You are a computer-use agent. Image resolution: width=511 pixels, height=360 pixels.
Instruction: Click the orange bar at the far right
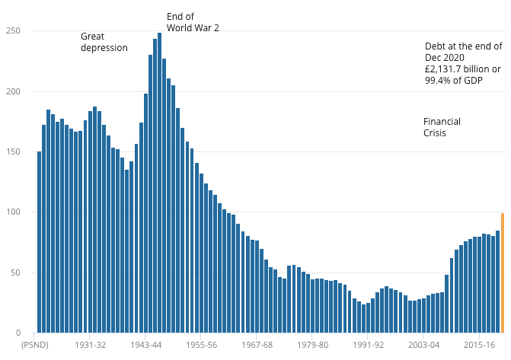coord(502,272)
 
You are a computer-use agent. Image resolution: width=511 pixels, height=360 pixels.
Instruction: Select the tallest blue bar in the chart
coord(159,183)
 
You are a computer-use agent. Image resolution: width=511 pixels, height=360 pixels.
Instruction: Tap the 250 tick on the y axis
coord(13,31)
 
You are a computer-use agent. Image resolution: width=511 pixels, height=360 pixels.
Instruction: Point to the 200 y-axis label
coord(13,91)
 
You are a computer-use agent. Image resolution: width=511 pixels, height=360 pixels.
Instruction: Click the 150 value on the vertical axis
coord(13,152)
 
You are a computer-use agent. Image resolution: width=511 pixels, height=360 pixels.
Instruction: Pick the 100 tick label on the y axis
coord(13,212)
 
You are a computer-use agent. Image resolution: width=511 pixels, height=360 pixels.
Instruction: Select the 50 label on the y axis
coord(15,272)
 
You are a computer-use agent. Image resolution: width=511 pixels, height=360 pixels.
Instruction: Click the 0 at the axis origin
coord(18,333)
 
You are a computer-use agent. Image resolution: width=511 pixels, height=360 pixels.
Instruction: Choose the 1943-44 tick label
coord(145,345)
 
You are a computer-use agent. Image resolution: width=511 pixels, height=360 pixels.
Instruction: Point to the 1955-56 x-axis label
coord(200,345)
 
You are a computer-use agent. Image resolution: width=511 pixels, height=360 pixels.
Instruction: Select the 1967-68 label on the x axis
coord(256,345)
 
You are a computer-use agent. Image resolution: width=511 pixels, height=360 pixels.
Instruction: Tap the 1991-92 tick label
coord(367,345)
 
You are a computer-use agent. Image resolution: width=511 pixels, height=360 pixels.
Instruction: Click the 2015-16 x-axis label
coord(478,345)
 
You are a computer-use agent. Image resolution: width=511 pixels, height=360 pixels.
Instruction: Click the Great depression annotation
coord(104,42)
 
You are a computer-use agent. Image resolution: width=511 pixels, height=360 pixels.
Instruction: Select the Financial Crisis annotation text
coord(442,127)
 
